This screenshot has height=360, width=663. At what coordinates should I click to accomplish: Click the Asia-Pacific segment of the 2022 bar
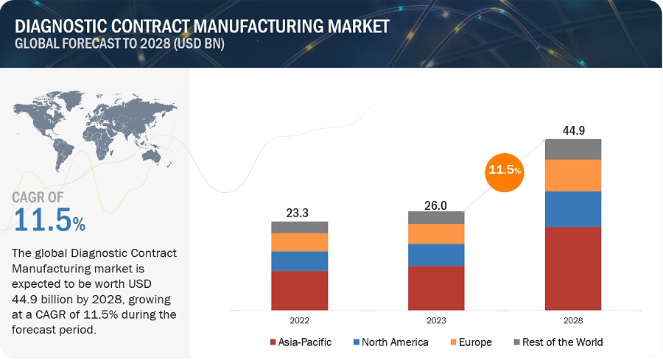299,290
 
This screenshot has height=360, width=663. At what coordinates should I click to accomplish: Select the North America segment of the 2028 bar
573,208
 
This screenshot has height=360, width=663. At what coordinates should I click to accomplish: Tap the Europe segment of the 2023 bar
436,233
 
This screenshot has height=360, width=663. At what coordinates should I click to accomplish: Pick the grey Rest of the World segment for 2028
573,149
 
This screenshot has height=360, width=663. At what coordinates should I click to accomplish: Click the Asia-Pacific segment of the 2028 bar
573,268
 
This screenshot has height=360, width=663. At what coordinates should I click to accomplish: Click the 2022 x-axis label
299,321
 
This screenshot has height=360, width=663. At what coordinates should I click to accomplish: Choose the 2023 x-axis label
436,321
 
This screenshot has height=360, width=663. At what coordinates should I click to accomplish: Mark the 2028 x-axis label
573,321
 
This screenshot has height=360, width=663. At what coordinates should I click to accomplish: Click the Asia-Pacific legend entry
301,342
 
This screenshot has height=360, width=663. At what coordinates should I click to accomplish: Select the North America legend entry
390,342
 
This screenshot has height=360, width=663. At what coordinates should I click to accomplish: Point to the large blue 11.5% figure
49,222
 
